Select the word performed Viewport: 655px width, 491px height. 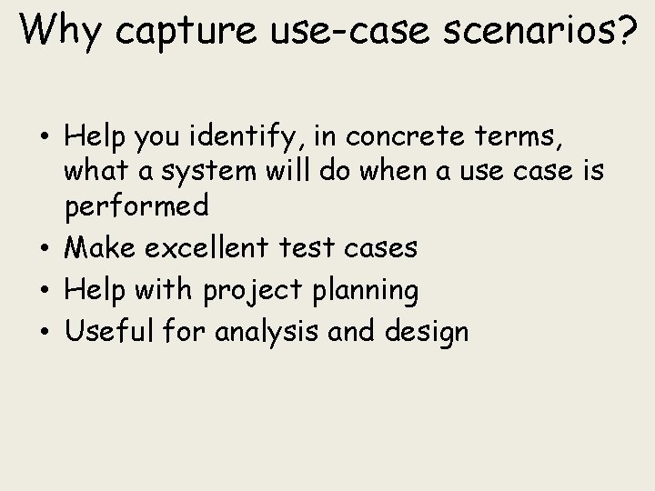tap(136, 206)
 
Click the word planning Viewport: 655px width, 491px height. tap(362, 291)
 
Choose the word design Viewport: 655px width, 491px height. tap(427, 332)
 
